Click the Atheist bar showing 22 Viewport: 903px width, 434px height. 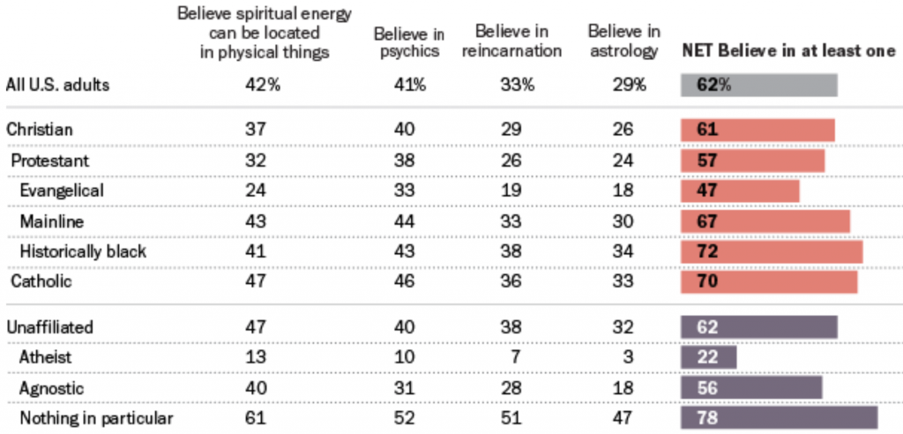pos(708,358)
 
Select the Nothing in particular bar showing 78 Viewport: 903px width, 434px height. pos(779,418)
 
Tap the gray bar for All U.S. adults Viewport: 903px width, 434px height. pos(758,86)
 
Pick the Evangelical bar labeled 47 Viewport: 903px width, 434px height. pos(740,191)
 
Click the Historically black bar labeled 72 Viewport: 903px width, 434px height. pos(772,251)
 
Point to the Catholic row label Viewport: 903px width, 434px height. pos(41,282)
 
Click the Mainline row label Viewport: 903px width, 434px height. pos(49,221)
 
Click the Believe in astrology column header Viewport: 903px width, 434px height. pos(623,42)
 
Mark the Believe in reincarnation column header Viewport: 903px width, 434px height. pos(511,42)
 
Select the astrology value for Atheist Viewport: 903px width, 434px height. pos(629,358)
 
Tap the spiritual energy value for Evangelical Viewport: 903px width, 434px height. pos(256,191)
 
